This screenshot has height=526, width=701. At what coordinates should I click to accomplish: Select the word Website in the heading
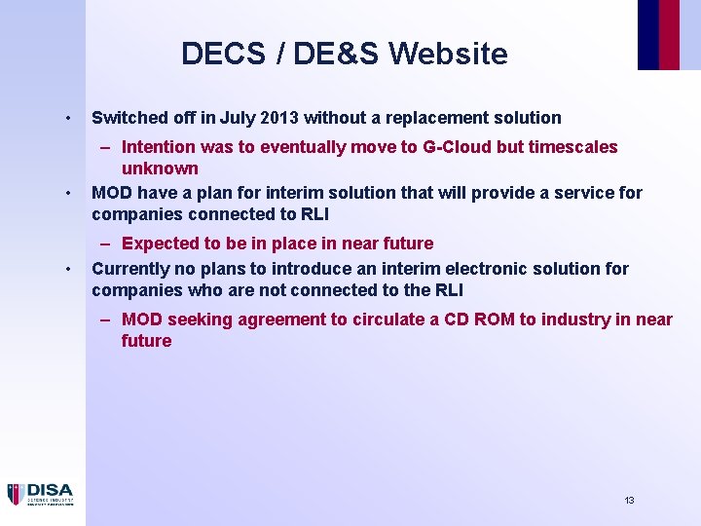click(x=449, y=54)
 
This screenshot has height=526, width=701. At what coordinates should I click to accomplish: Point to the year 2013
click(x=277, y=118)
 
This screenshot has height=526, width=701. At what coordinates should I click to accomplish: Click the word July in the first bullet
click(x=238, y=118)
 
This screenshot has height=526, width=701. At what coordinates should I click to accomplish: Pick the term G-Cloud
click(x=456, y=147)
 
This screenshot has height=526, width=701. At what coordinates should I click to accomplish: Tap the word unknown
click(x=160, y=169)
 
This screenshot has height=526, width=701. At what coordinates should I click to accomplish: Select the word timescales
click(x=572, y=147)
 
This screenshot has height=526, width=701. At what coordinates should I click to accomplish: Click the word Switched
click(x=127, y=118)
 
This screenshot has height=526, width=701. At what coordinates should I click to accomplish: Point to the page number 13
click(x=629, y=500)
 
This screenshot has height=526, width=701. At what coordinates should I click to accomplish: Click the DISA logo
click(x=40, y=494)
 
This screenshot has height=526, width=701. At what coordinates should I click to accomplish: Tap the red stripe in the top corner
click(x=669, y=34)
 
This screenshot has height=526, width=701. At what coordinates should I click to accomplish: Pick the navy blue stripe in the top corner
click(x=647, y=34)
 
